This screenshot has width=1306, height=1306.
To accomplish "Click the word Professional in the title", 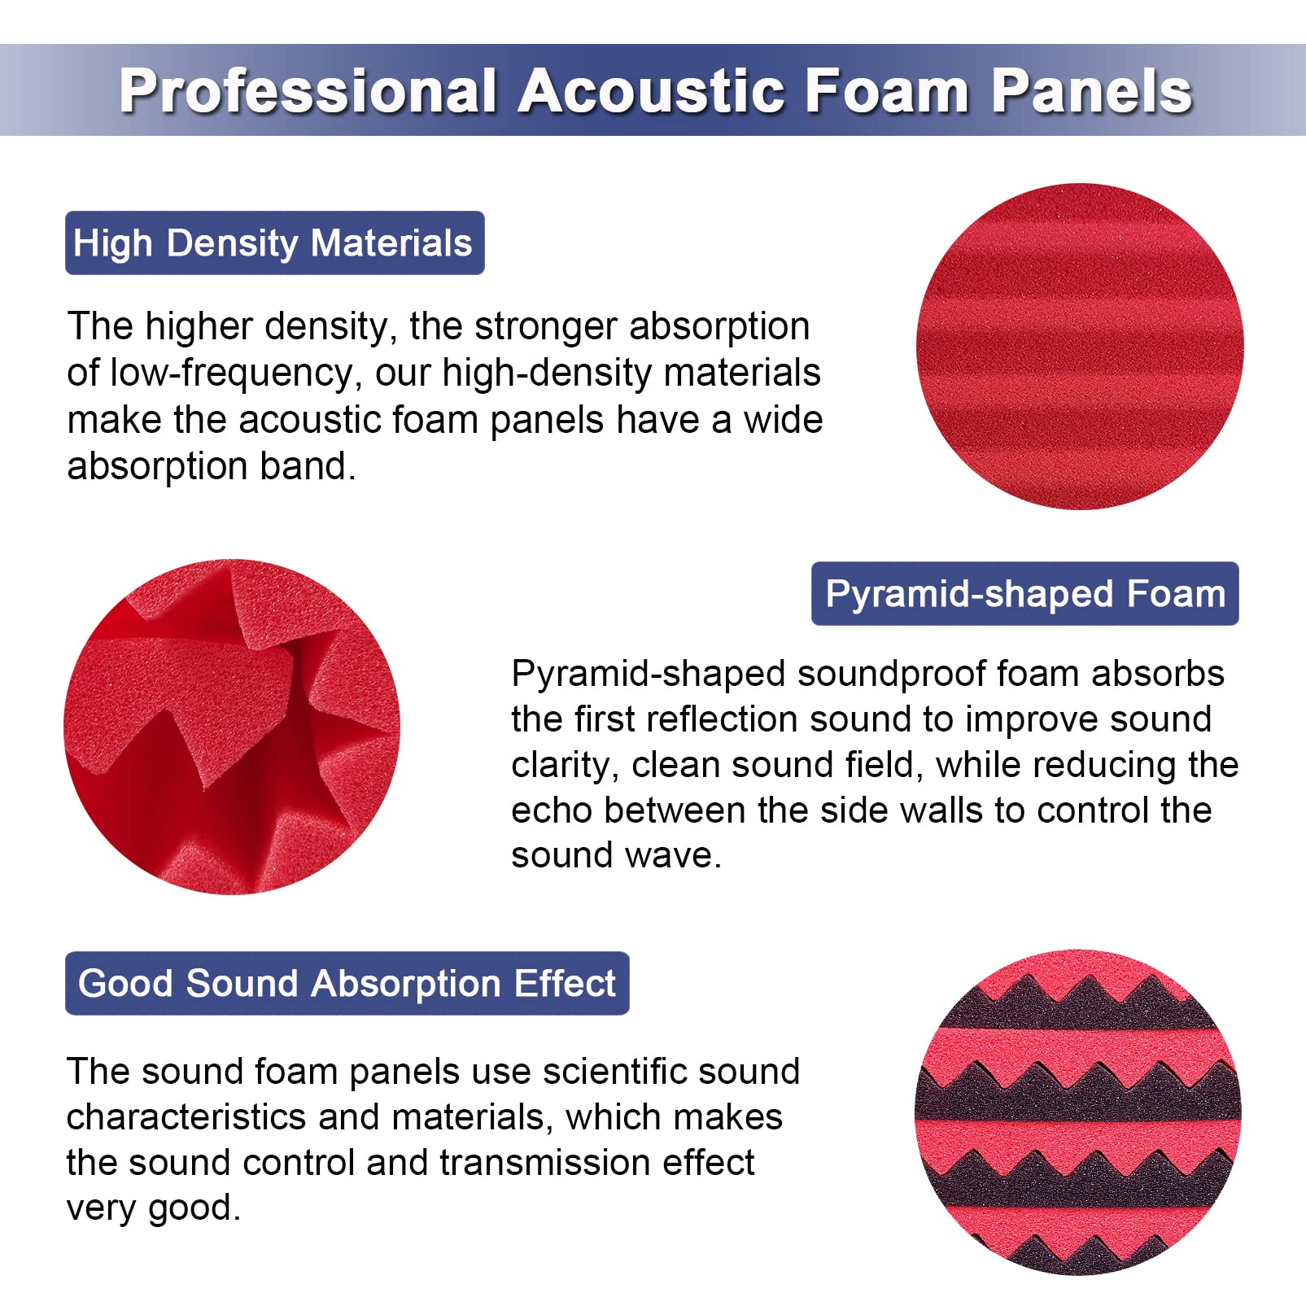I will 308,90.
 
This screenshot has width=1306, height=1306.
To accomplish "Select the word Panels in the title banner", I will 1091,90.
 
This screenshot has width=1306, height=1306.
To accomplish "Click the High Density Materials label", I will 274,243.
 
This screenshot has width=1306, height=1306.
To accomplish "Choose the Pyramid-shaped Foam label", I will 1024,594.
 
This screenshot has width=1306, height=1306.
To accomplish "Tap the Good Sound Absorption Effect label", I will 347,983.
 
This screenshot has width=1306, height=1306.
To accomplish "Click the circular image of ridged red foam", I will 1080,347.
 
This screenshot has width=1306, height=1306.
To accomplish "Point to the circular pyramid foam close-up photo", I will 232,727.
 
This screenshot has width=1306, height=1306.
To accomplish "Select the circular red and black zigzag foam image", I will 1078,1112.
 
